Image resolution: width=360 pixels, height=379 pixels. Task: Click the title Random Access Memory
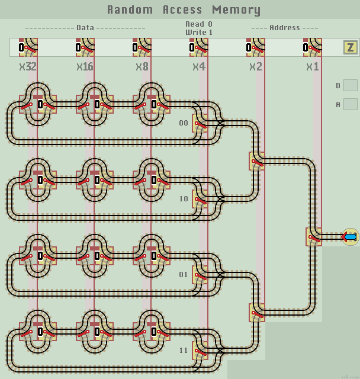(184, 9)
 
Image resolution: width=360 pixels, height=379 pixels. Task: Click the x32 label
(28, 67)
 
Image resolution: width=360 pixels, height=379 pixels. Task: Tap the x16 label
(85, 67)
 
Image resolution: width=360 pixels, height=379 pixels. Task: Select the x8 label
(142, 67)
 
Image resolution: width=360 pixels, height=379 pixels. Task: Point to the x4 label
(199, 67)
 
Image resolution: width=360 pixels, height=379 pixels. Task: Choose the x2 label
(255, 67)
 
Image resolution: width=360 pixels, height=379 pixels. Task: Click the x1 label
(312, 67)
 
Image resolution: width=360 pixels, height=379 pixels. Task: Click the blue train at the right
(350, 237)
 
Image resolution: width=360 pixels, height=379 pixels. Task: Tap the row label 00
(184, 123)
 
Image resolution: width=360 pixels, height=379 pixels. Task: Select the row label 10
(184, 199)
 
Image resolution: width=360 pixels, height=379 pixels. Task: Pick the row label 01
(184, 275)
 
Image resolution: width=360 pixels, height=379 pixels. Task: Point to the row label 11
(184, 351)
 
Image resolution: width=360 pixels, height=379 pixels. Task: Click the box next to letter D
(351, 85)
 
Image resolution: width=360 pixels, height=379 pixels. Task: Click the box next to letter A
(351, 104)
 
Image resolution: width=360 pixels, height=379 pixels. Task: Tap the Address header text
(284, 28)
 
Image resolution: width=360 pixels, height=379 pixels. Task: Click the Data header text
(85, 28)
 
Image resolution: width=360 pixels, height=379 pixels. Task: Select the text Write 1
(199, 32)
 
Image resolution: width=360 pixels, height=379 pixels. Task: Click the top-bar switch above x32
(28, 47)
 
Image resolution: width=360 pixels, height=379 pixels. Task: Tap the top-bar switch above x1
(312, 47)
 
